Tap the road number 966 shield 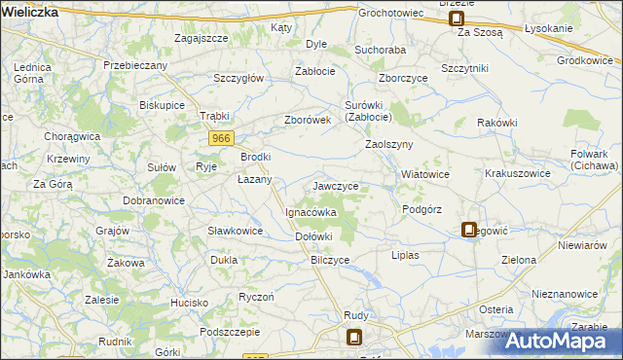(x=221, y=140)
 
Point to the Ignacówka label (x=311, y=211)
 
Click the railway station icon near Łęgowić (x=469, y=230)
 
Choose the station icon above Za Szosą (x=456, y=17)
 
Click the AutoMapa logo (x=562, y=340)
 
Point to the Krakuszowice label (x=518, y=173)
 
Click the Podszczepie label (x=229, y=332)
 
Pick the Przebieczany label (x=135, y=65)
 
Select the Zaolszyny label (x=389, y=144)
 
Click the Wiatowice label (x=424, y=175)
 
